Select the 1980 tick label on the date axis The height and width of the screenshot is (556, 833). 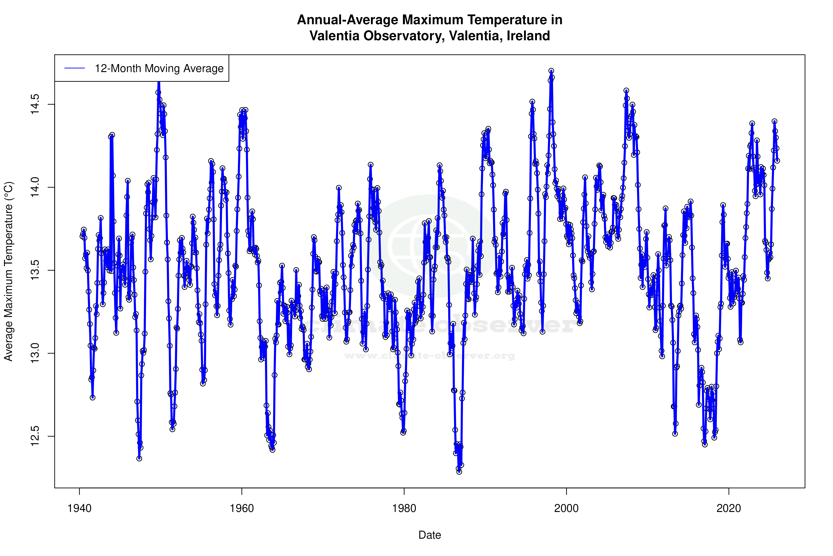click(x=404, y=508)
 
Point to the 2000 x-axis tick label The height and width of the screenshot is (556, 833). click(x=566, y=508)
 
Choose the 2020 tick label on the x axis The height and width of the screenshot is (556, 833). click(x=729, y=508)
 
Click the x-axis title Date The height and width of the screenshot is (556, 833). click(x=430, y=535)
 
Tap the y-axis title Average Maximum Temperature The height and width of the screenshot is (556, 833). click(x=8, y=271)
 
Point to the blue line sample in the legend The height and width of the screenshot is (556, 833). click(x=75, y=68)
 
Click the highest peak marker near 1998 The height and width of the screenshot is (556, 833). click(x=551, y=71)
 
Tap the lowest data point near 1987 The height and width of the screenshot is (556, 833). click(x=459, y=472)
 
